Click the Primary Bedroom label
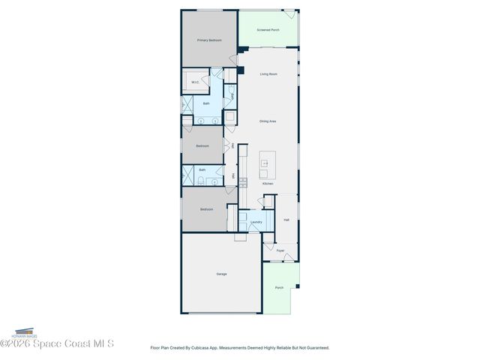(209, 40)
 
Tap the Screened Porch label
(268, 30)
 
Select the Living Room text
(268, 74)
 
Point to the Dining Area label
(268, 121)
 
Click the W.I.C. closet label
(195, 82)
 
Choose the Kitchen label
(268, 183)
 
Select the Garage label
(221, 274)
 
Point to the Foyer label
(280, 250)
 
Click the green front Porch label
(279, 287)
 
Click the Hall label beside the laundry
(286, 220)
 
